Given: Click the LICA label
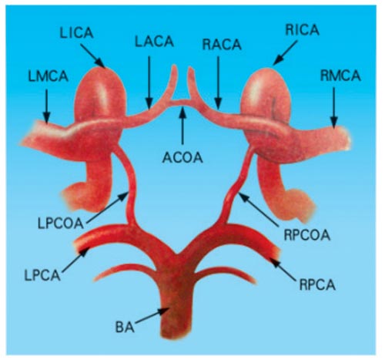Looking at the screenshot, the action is click(76, 33).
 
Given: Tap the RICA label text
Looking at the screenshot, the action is click(303, 30).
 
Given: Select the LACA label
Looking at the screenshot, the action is click(155, 42).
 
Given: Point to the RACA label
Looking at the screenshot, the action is click(222, 45).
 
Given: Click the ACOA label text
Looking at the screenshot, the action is click(182, 157).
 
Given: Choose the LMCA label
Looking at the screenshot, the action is click(49, 76).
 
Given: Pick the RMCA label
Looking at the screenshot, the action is click(340, 76).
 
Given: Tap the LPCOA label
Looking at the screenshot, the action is click(61, 223).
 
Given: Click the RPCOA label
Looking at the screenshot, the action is click(306, 235).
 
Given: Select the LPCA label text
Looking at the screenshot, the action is click(42, 275).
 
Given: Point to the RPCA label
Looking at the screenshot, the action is click(317, 284).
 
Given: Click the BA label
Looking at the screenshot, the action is click(125, 328).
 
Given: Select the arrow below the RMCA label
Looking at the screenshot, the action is click(334, 107).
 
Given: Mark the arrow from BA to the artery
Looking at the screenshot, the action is click(152, 315).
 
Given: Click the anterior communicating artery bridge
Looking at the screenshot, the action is click(182, 103).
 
